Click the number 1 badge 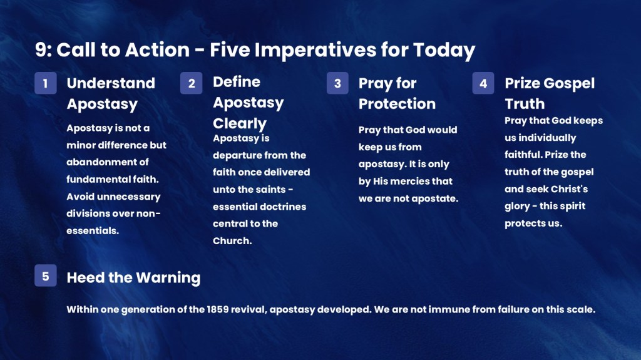[45, 83]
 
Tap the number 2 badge [192, 83]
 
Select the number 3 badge [337, 83]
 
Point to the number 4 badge [483, 83]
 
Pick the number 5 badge [45, 275]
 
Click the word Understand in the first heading [111, 83]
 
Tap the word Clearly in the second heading [240, 123]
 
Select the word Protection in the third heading [397, 103]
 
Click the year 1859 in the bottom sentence [217, 309]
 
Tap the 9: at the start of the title [43, 49]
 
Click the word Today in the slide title [444, 51]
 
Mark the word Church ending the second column [232, 240]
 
